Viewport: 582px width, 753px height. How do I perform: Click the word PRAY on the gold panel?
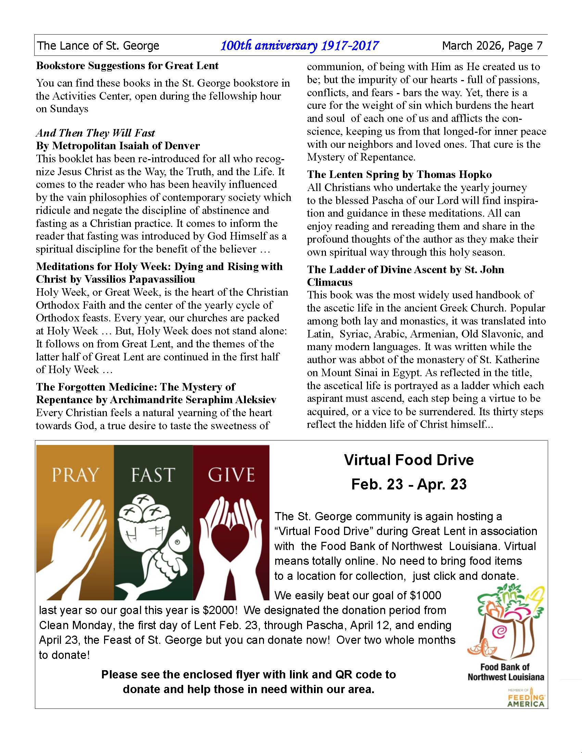click(75, 475)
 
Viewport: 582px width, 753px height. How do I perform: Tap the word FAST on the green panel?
click(153, 475)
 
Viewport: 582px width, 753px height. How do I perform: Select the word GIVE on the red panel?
click(231, 475)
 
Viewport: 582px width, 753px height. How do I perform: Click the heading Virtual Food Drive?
click(409, 460)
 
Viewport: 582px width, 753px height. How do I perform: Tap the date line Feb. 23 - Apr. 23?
click(409, 484)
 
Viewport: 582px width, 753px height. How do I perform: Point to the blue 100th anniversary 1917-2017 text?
click(299, 46)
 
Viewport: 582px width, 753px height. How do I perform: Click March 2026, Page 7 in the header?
click(492, 46)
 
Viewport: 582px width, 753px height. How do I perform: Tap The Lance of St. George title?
click(98, 46)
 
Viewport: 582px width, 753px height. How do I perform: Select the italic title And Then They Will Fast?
click(95, 133)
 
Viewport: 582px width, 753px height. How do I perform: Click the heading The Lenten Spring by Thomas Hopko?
click(399, 175)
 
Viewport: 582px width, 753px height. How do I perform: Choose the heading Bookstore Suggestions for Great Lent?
click(127, 65)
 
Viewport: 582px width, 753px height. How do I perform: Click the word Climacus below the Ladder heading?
click(330, 282)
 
